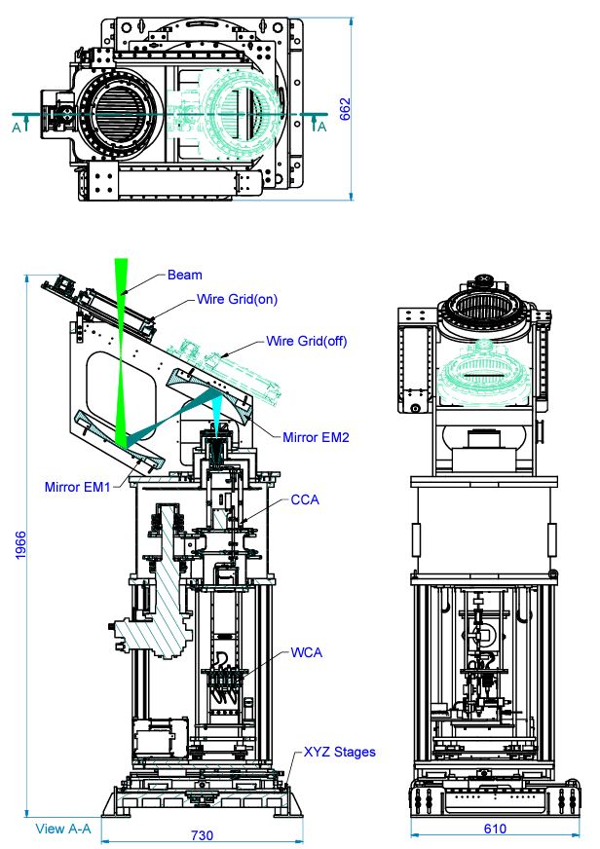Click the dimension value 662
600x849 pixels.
(346, 109)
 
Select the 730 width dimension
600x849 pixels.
(201, 835)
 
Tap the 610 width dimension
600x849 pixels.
(495, 830)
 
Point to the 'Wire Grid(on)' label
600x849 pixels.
(237, 300)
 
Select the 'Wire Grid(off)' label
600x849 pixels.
(306, 342)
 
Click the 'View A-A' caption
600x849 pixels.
(62, 829)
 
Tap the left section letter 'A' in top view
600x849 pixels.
(16, 126)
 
